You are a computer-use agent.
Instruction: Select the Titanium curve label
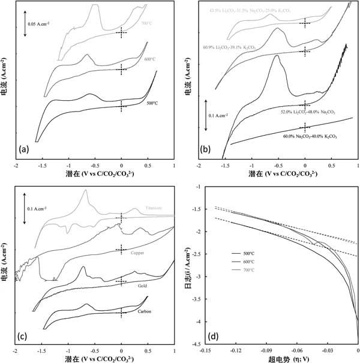[x=154, y=209]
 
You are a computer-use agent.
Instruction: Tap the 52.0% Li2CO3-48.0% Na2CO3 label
[x=305, y=112]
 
